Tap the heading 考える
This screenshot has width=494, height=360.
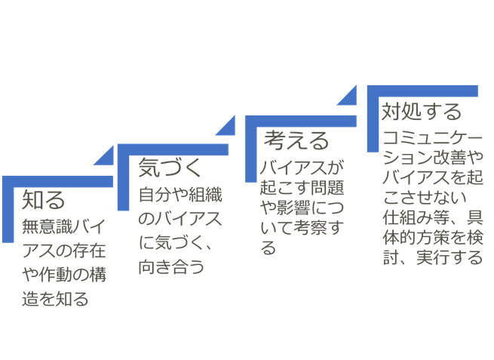coord(296,140)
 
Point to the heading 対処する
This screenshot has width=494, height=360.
coord(420,112)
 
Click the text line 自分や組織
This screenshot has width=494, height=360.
coord(179,193)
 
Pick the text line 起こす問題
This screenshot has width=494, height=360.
coord(299,186)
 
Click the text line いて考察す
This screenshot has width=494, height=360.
coord(299,227)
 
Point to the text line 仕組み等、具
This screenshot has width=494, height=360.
coord(431,219)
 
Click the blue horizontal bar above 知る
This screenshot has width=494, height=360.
coord(57,180)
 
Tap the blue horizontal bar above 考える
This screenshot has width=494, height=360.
coord(301,121)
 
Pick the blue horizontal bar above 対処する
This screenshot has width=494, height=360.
coord(422,91)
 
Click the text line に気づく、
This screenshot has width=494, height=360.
coord(176,243)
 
